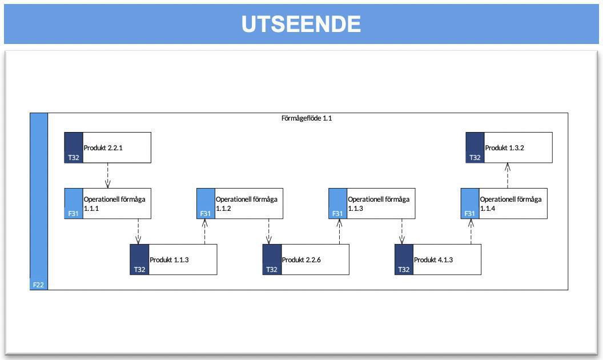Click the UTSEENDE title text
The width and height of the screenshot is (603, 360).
click(x=301, y=24)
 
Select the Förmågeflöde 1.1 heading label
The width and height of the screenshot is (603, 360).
click(x=307, y=118)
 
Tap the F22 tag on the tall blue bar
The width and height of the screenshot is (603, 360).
click(x=38, y=284)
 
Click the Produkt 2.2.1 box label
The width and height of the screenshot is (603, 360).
click(x=103, y=147)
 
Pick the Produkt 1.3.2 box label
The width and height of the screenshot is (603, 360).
click(x=505, y=147)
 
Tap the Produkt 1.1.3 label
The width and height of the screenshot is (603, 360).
click(x=169, y=260)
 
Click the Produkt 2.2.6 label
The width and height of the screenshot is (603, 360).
click(x=301, y=260)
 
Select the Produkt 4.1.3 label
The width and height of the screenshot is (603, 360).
click(x=433, y=260)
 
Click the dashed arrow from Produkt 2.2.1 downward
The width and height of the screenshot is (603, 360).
click(x=108, y=175)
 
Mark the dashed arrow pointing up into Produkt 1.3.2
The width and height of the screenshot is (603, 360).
click(x=508, y=175)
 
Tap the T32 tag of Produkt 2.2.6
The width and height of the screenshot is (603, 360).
click(x=272, y=270)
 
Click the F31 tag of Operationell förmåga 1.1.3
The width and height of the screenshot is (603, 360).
click(x=337, y=214)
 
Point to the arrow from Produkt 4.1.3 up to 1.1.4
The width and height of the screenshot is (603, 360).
click(x=471, y=231)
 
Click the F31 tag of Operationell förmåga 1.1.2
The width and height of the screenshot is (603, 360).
click(x=206, y=214)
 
